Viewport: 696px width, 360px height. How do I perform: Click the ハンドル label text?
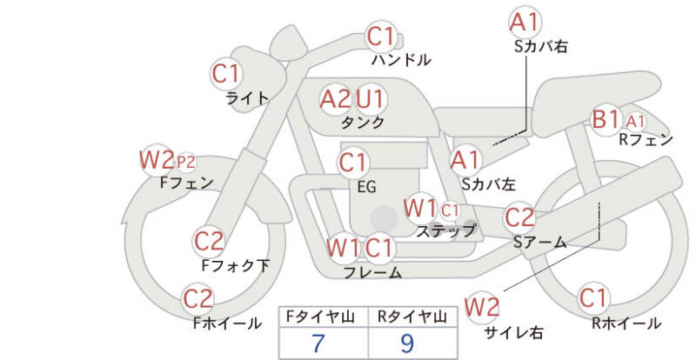click(400, 60)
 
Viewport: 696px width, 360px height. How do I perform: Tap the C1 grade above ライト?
click(227, 74)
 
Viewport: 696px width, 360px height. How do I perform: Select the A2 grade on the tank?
click(335, 98)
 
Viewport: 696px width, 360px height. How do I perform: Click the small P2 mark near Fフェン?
click(186, 162)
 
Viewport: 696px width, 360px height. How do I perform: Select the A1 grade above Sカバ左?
click(465, 159)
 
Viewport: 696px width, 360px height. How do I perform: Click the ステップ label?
click(445, 231)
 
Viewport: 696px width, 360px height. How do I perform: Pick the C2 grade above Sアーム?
click(519, 217)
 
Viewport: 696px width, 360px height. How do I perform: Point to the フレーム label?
click(372, 272)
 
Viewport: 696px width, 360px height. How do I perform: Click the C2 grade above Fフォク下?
click(210, 241)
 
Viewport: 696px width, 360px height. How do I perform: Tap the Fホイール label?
click(226, 323)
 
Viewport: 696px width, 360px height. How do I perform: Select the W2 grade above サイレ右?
click(482, 307)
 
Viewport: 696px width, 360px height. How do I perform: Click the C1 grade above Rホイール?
click(593, 298)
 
